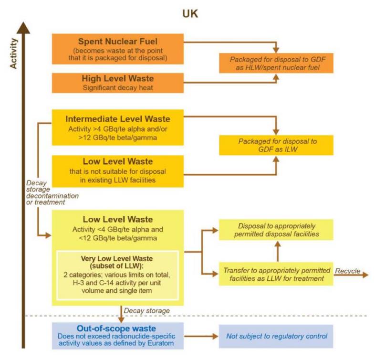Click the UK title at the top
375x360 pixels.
pyautogui.click(x=190, y=14)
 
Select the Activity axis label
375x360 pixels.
pyautogui.click(x=13, y=53)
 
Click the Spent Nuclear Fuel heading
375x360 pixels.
pyautogui.click(x=118, y=42)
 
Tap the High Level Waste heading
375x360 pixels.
pyautogui.click(x=118, y=78)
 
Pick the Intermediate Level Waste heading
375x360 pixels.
pyautogui.click(x=118, y=119)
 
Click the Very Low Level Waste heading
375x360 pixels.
pyautogui.click(x=117, y=258)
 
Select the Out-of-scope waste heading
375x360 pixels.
pyautogui.click(x=116, y=328)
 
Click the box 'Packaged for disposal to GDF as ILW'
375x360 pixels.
pyautogui.click(x=276, y=145)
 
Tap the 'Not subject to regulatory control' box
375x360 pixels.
pyautogui.click(x=276, y=336)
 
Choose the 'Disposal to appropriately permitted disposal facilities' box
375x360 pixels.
pyautogui.click(x=276, y=230)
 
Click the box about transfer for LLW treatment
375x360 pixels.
pyautogui.click(x=276, y=274)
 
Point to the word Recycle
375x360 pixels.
pyautogui.click(x=347, y=271)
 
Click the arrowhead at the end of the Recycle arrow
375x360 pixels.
pyautogui.click(x=365, y=275)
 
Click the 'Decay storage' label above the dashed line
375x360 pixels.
pyautogui.click(x=146, y=311)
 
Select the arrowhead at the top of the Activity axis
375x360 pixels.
pyautogui.click(x=23, y=28)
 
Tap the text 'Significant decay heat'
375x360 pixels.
pyautogui.click(x=118, y=87)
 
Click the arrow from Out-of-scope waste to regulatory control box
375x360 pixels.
pyautogui.click(x=201, y=336)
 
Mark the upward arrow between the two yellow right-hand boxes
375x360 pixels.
pyautogui.click(x=277, y=251)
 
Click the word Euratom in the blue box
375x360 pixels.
pyautogui.click(x=160, y=343)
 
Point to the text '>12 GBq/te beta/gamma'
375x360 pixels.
pyautogui.click(x=118, y=138)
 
